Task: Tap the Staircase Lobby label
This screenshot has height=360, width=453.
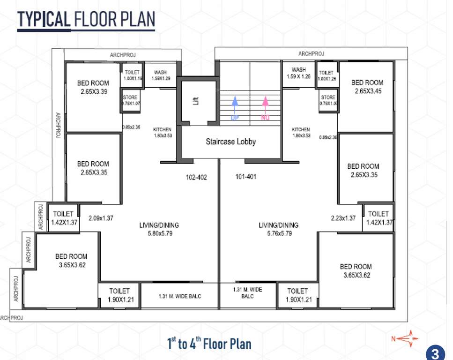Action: (x=231, y=141)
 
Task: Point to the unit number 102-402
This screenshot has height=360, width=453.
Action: (x=196, y=177)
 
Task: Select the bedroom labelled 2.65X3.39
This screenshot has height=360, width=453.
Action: (x=93, y=88)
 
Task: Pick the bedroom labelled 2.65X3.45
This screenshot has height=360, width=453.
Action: (x=367, y=87)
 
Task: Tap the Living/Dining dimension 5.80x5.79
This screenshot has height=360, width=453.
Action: (x=159, y=229)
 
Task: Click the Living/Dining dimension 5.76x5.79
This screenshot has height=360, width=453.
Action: (x=278, y=229)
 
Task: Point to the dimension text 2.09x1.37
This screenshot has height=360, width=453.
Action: (x=101, y=218)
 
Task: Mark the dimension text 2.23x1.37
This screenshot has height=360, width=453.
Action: (x=343, y=218)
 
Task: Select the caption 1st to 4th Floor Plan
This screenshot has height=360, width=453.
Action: (x=209, y=344)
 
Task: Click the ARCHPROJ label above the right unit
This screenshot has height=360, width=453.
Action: (x=311, y=54)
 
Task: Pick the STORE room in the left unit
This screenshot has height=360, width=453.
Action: (x=129, y=100)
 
